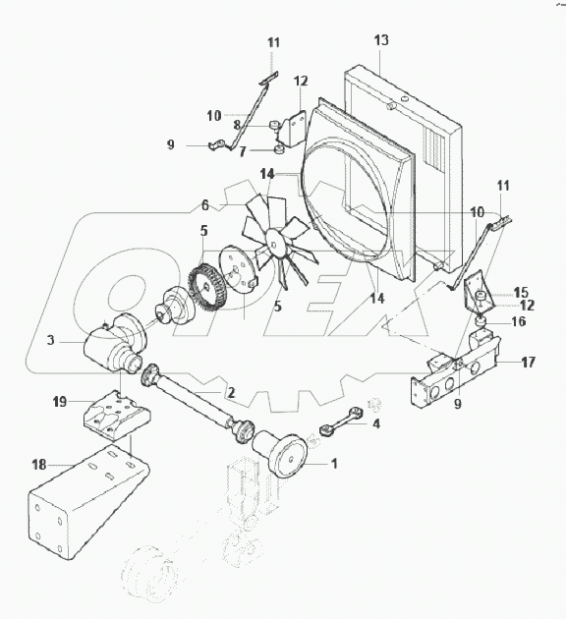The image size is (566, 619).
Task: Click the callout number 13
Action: [x=382, y=40]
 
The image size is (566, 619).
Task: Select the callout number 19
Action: [x=59, y=402]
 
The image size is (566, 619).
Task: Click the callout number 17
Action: [x=528, y=362]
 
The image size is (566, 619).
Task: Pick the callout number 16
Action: [x=518, y=321]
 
